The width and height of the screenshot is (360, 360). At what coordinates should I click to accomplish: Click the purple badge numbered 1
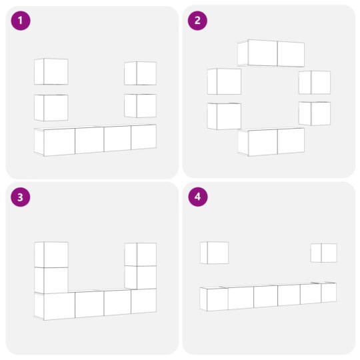(21, 21)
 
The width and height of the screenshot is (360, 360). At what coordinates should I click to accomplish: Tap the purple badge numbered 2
(197, 21)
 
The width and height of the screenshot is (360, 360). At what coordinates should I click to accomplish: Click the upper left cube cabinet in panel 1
(51, 71)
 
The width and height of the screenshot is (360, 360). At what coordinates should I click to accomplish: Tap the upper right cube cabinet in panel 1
(141, 73)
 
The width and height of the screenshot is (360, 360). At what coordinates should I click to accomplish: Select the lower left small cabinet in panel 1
(51, 107)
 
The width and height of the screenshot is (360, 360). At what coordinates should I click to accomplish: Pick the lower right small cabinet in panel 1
(141, 105)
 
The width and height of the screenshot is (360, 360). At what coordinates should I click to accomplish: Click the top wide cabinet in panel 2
(271, 53)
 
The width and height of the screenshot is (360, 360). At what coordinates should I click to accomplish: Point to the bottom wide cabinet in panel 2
(271, 141)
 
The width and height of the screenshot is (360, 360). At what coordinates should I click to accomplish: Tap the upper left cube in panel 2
(224, 81)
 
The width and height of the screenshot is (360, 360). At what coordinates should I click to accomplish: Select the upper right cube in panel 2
(315, 82)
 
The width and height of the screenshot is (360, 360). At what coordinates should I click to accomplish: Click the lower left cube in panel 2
(224, 116)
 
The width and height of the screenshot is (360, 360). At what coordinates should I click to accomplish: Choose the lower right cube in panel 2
(315, 113)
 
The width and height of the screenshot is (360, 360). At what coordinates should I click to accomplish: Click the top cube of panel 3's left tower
(51, 255)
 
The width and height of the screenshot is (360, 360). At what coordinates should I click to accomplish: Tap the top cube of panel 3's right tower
(141, 255)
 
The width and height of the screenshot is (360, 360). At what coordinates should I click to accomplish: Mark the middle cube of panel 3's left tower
(51, 280)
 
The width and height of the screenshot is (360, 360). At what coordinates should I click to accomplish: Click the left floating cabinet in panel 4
(215, 253)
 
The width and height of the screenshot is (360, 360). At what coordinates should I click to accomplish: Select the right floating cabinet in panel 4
(324, 253)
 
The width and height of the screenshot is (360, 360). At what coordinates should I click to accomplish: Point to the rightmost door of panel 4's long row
(328, 292)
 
